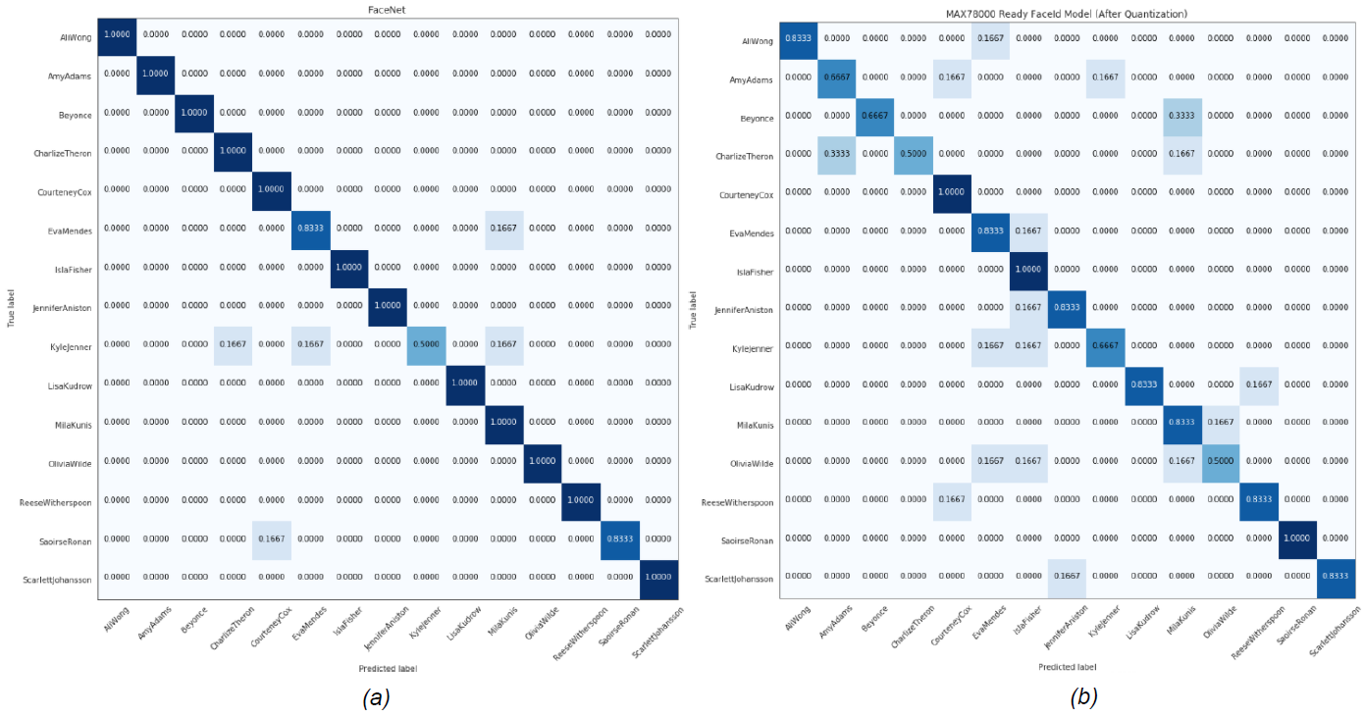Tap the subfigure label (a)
[377, 697]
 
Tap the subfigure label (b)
[1083, 697]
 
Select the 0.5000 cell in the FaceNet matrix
[427, 344]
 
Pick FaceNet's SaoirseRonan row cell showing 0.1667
[272, 538]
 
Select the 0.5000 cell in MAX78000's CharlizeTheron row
[913, 156]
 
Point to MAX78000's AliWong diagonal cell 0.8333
[799, 40]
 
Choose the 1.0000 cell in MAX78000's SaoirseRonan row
[1298, 539]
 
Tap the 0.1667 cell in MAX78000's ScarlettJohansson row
[1067, 578]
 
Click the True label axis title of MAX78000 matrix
[693, 309]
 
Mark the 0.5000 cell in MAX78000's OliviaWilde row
[1221, 463]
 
